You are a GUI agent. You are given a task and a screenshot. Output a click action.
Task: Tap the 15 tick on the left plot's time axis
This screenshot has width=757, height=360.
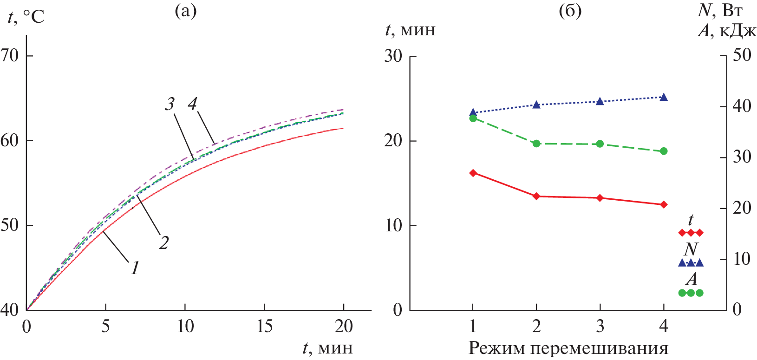pyautogui.click(x=264, y=327)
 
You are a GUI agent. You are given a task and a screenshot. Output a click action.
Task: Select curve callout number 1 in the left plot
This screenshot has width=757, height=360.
pyautogui.click(x=135, y=268)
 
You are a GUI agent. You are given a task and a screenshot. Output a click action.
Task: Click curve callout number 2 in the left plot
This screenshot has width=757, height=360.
pyautogui.click(x=163, y=242)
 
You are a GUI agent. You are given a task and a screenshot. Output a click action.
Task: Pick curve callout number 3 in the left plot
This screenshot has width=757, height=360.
pyautogui.click(x=170, y=104)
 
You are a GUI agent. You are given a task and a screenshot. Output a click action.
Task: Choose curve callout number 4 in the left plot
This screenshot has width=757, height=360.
pyautogui.click(x=193, y=104)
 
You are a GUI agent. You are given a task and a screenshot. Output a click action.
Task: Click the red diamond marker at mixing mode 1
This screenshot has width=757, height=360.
pyautogui.click(x=473, y=173)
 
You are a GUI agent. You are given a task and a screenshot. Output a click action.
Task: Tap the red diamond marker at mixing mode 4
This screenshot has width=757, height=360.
pyautogui.click(x=664, y=204)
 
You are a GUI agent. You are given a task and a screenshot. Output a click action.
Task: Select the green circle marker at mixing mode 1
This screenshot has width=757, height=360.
pyautogui.click(x=473, y=118)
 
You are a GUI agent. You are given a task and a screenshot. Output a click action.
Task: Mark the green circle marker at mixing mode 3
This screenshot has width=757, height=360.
pyautogui.click(x=600, y=144)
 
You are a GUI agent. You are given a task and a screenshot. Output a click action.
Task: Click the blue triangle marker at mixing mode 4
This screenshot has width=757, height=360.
pyautogui.click(x=664, y=97)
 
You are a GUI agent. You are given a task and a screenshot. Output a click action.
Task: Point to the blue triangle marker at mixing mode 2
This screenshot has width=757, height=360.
pyautogui.click(x=536, y=105)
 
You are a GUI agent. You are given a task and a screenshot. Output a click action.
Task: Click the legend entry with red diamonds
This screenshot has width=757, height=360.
pyautogui.click(x=691, y=232)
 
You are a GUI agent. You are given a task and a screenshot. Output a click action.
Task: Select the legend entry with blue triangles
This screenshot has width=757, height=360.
pyautogui.click(x=691, y=262)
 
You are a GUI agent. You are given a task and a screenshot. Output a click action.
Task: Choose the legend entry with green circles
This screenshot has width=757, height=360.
pyautogui.click(x=691, y=293)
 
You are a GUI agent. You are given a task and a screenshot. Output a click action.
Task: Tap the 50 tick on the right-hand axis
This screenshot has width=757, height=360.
pyautogui.click(x=741, y=55)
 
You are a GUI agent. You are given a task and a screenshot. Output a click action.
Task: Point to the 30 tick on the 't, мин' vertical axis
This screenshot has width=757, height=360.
pyautogui.click(x=393, y=56)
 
